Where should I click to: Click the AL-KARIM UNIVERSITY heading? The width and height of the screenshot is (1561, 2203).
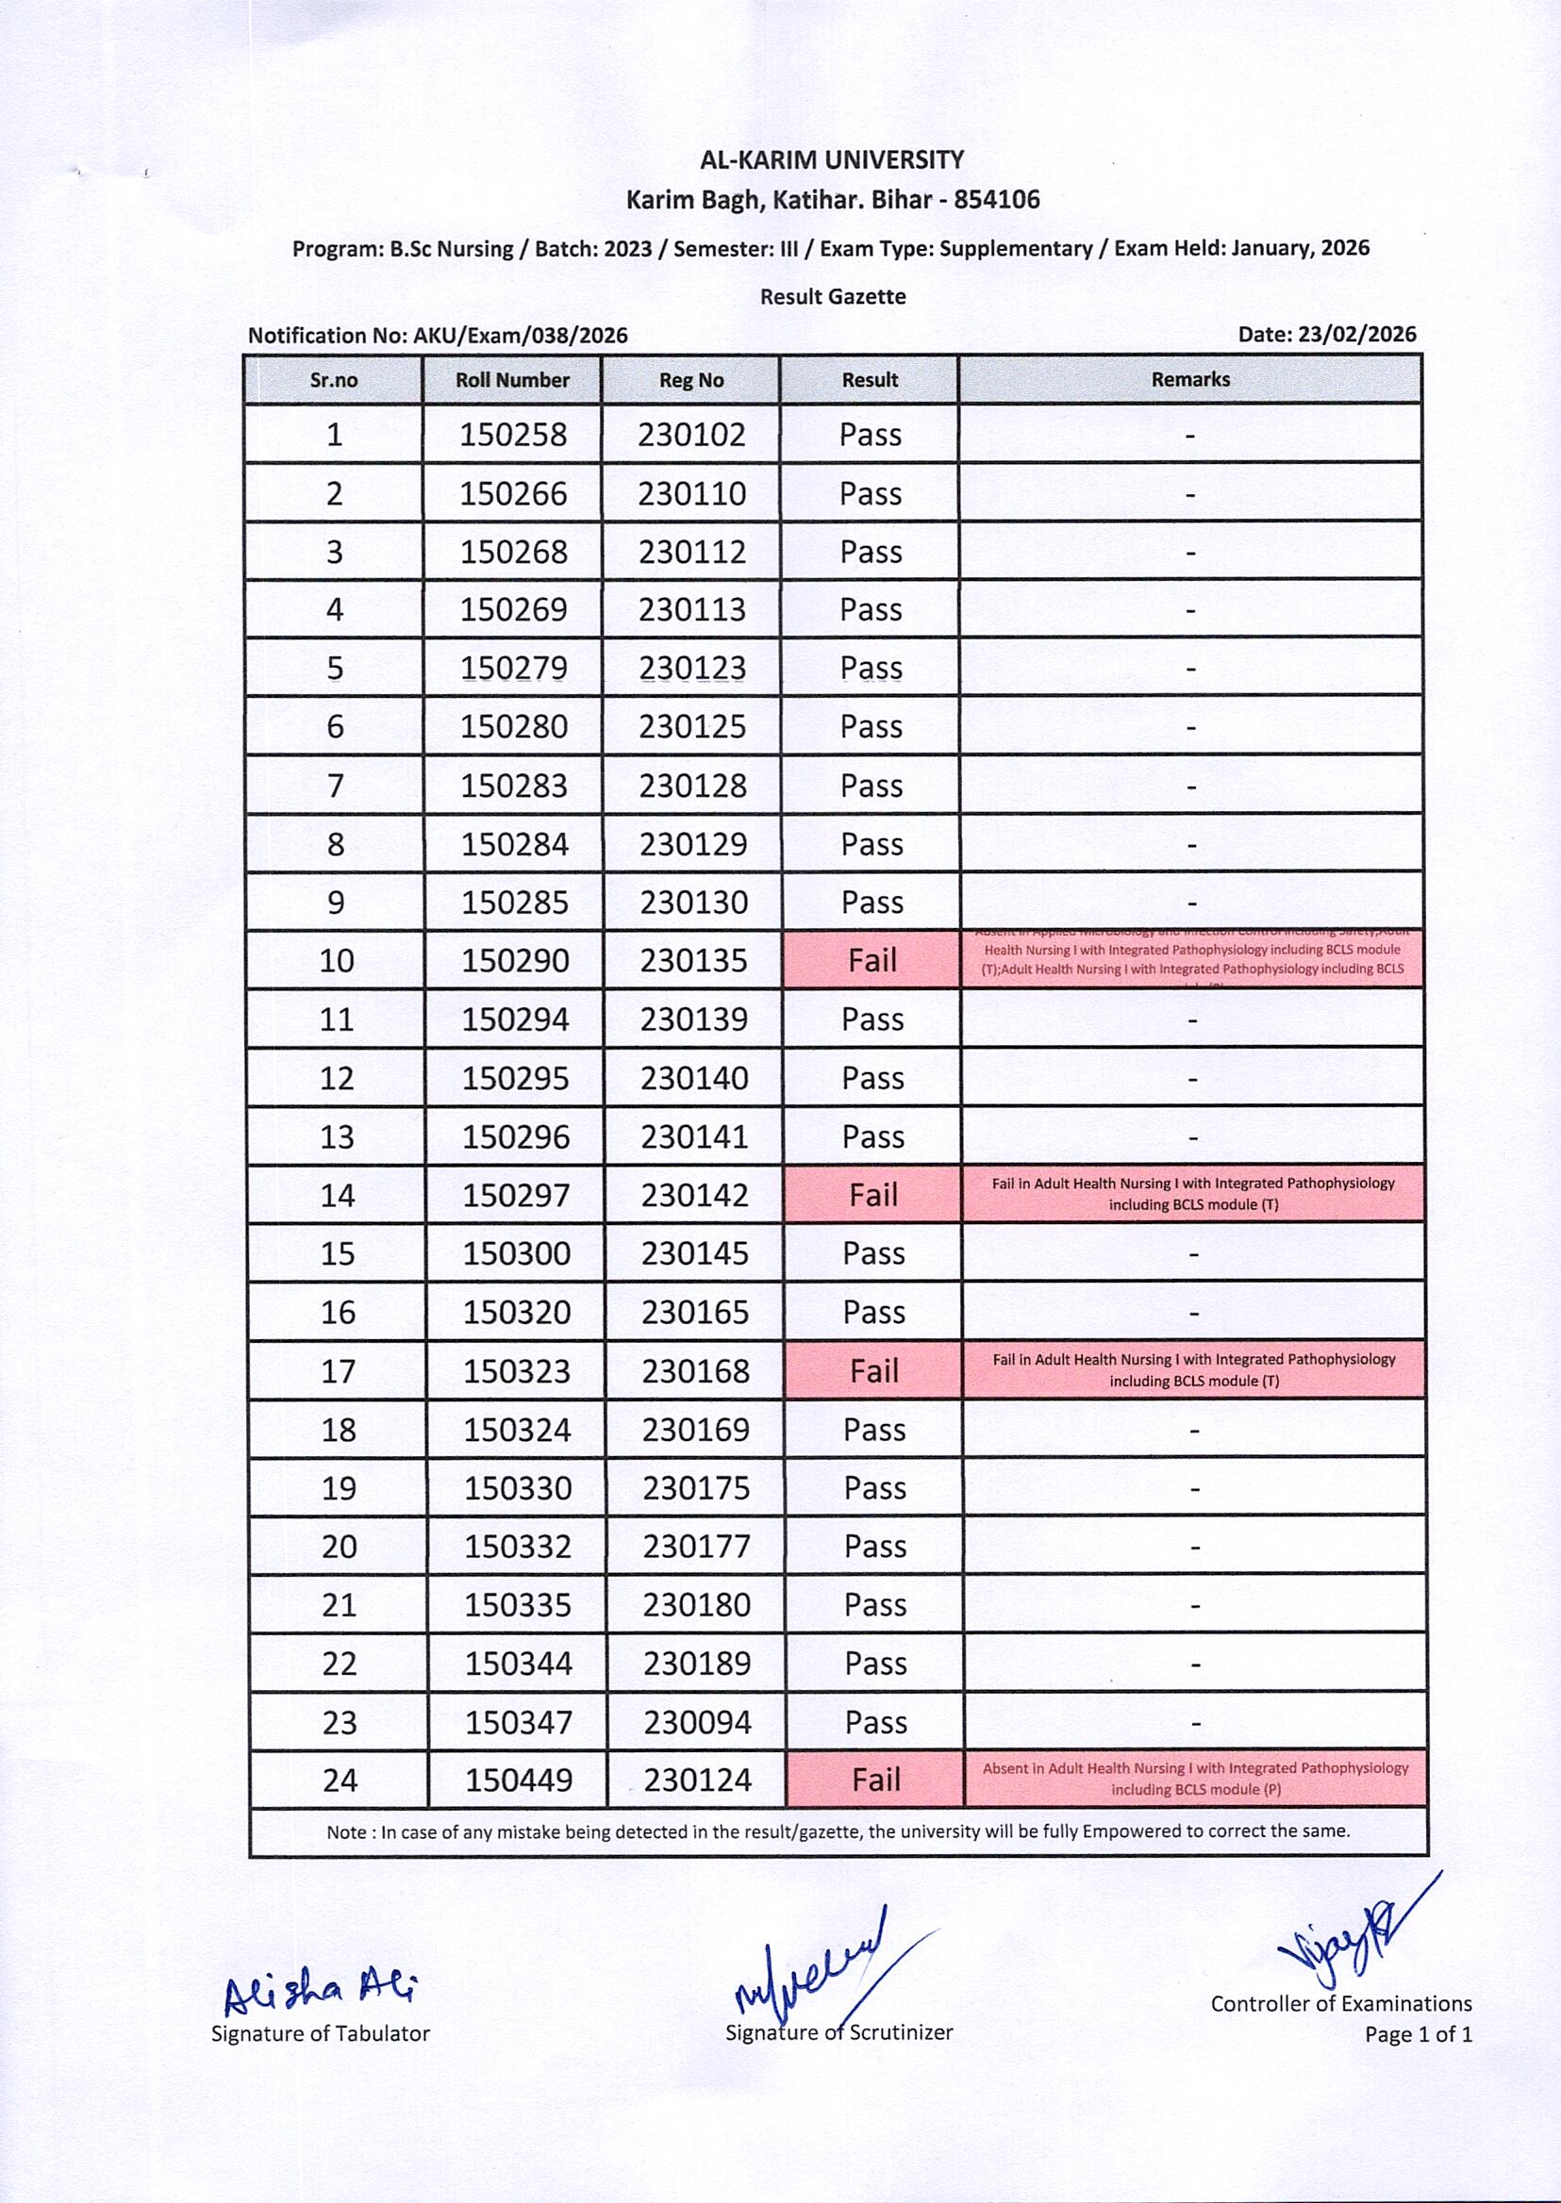coord(832,159)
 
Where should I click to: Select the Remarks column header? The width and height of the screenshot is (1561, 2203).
coord(1190,380)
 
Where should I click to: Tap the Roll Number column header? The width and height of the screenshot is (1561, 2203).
coord(512,381)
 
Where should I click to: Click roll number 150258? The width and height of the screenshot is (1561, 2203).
coord(513,435)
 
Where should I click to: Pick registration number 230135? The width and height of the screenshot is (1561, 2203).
coord(693,960)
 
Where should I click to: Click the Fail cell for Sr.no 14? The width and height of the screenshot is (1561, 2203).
coord(872,1195)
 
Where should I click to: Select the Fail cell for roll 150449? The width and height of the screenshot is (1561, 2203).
coord(875,1781)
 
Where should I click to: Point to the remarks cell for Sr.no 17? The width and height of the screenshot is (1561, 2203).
coord(1193,1369)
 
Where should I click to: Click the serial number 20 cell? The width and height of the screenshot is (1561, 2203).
coord(340,1547)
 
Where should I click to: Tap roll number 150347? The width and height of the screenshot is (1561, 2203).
coord(519,1722)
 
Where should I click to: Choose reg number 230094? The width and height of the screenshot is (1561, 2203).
coord(697,1722)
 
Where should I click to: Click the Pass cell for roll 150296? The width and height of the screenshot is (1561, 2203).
coord(872,1137)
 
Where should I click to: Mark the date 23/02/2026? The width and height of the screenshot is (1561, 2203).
coord(1356,335)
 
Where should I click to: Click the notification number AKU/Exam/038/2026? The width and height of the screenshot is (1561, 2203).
coord(520,336)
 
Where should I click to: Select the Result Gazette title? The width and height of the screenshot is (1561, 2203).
coord(833,297)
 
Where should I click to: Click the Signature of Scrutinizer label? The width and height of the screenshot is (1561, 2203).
coord(839,2032)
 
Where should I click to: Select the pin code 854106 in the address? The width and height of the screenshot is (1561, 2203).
coord(997,200)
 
